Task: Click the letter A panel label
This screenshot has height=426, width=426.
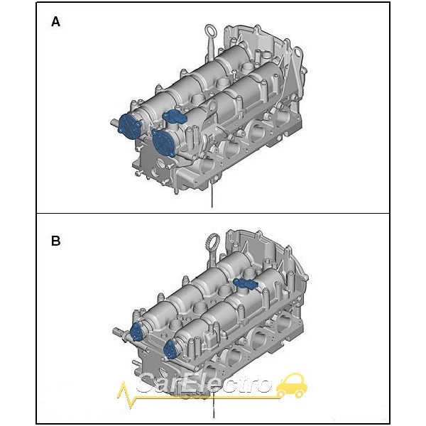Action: [x=55, y=21]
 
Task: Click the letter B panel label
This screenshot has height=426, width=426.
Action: [x=55, y=241]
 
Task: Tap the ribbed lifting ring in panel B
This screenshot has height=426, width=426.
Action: [x=212, y=249]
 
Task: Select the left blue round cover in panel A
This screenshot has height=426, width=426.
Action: [x=130, y=126]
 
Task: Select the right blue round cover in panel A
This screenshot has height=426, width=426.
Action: [x=165, y=143]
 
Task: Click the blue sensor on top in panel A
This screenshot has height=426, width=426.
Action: [x=174, y=116]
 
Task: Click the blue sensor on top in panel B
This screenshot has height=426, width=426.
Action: [x=246, y=284]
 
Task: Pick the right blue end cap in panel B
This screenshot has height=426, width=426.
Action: [x=170, y=349]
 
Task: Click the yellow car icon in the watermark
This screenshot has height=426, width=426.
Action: [x=292, y=386]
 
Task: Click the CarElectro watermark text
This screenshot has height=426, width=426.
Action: [x=204, y=383]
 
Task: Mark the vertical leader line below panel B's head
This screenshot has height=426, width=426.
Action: [x=214, y=405]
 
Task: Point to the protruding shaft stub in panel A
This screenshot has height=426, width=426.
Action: [x=114, y=123]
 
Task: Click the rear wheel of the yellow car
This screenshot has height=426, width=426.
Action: [x=281, y=393]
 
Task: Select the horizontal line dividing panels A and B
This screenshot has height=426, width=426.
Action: [x=213, y=213]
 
